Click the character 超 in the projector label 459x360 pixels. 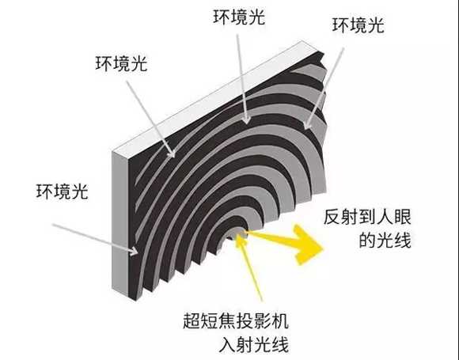pos(192,320)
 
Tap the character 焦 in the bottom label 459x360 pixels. pos(227,320)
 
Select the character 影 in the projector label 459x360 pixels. pos(262,320)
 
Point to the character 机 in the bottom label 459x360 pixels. pos(280,320)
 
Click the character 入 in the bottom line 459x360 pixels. pos(227,344)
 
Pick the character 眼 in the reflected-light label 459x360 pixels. pos(403,217)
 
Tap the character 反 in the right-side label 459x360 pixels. pos(332,217)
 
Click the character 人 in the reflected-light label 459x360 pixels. pos(385,217)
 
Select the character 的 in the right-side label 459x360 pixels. pos(367,240)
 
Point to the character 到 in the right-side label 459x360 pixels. pos(367,217)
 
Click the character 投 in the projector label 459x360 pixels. pos(245,320)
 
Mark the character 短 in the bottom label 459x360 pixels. pos(210,320)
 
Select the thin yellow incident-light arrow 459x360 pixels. pos(249,267)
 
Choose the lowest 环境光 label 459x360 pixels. pos(62,191)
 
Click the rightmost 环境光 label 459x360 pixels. pos(358,25)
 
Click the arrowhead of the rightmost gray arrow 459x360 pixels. pos(307,123)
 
